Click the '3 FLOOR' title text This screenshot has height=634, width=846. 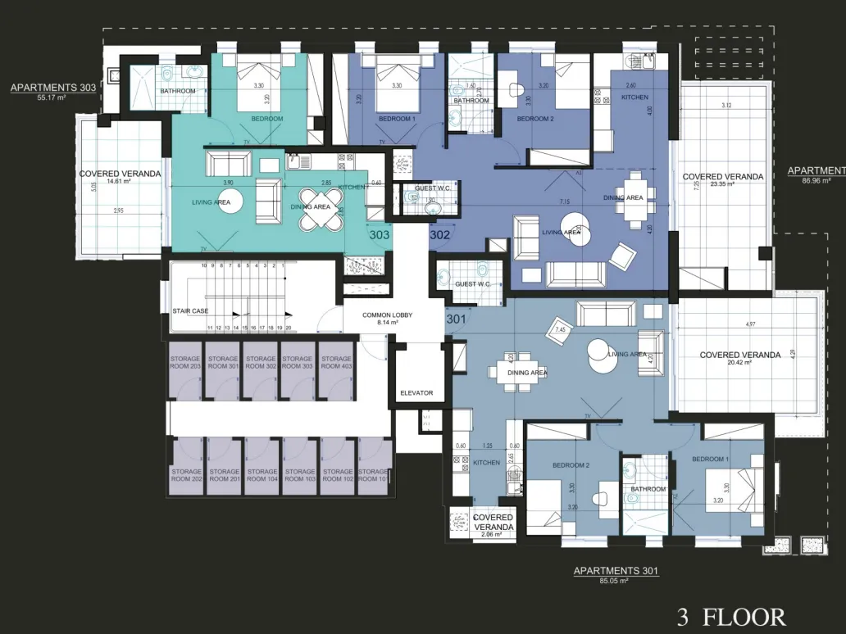(731, 616)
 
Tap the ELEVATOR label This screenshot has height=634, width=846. (416, 393)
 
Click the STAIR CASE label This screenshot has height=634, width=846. (189, 311)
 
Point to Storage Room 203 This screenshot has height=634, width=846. (185, 363)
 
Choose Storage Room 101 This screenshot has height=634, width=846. (373, 475)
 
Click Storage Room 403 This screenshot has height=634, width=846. (335, 363)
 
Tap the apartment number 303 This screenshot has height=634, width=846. (380, 234)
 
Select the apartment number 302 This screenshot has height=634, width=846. (439, 234)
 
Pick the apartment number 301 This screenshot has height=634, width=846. (456, 319)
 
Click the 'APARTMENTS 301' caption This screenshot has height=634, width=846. (616, 571)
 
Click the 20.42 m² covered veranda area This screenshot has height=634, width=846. (739, 365)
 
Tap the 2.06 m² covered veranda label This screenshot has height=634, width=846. (493, 534)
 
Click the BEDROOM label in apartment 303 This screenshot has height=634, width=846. (267, 119)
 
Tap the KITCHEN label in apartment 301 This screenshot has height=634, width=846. (486, 463)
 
